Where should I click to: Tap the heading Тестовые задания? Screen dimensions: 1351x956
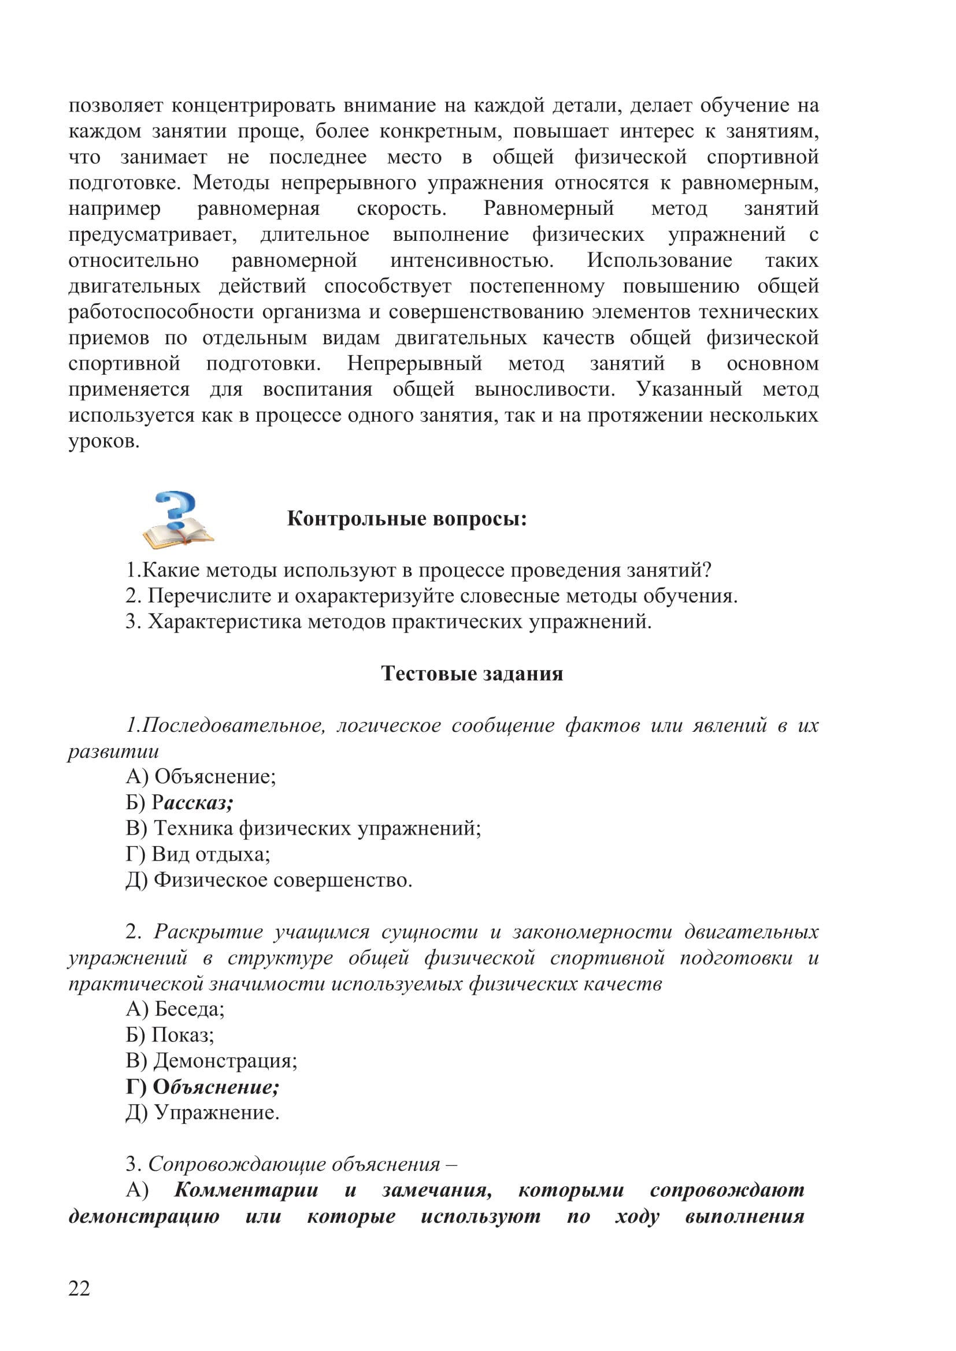tap(472, 673)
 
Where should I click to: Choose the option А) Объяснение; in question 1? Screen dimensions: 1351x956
tap(201, 777)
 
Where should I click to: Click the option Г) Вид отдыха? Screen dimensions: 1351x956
tap(198, 854)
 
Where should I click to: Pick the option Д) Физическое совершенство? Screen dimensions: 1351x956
tap(269, 880)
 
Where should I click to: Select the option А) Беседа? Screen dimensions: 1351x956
tap(175, 1010)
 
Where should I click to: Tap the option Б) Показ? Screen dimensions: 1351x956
tap(170, 1035)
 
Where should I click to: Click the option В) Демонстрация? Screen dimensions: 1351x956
tap(212, 1061)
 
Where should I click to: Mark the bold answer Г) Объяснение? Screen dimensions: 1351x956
tap(202, 1087)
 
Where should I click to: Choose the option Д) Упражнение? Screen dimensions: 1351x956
tap(202, 1112)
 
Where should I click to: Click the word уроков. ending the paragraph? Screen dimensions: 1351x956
tap(104, 441)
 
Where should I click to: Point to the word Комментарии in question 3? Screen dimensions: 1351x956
tap(246, 1190)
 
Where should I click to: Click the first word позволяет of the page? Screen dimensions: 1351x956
tap(116, 106)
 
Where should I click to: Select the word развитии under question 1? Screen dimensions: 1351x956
tap(114, 751)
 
